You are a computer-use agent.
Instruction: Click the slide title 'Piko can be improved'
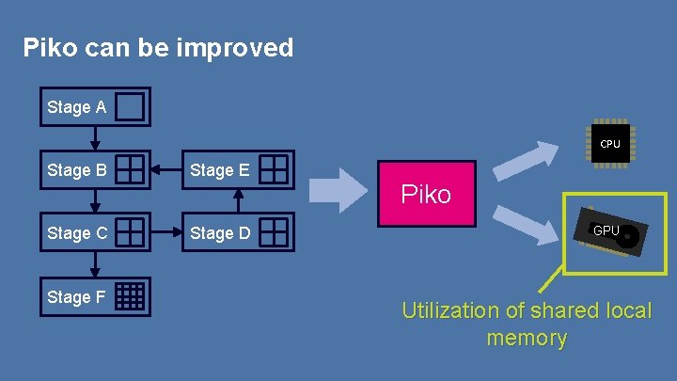coord(158,47)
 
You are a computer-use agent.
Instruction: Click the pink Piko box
coord(426,195)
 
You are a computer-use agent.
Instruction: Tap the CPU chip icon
coord(609,144)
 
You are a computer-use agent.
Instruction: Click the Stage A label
coord(76,108)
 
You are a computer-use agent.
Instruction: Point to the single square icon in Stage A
coord(131,107)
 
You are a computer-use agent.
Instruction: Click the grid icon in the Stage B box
coord(131,170)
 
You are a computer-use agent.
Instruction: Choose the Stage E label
coord(219,170)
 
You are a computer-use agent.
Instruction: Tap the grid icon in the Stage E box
coord(274,170)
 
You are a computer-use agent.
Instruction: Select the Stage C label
coord(76,232)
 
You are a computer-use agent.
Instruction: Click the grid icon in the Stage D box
coord(274,232)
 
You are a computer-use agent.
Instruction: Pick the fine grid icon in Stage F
coord(131,296)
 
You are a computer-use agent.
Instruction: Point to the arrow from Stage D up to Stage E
coord(238,201)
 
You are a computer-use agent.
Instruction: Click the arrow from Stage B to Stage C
coord(94,201)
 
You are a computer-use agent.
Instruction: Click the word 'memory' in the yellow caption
coord(527,338)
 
